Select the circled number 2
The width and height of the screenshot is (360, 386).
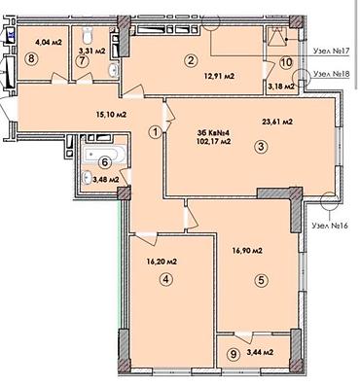coord(191,60)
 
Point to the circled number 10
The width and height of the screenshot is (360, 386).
coord(287,62)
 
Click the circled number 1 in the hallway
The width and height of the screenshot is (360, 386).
coord(156,131)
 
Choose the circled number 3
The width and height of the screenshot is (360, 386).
coord(262,147)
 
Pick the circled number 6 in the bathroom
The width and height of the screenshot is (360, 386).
coord(104,162)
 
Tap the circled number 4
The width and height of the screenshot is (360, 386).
coord(166,280)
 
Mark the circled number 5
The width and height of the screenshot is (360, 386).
coord(262,281)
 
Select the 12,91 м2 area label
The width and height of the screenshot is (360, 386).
coord(220,77)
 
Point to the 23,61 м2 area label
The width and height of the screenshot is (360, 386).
coord(277,122)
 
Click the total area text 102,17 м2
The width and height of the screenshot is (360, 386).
coord(214,142)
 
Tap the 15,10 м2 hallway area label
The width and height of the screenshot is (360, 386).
coord(111,114)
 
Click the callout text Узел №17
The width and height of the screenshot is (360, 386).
coord(331,51)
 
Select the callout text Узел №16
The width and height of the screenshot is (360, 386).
coord(329,226)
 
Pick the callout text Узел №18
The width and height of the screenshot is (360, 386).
coord(332,74)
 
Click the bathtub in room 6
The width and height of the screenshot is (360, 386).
coord(104,154)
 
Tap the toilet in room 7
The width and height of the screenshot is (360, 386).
coord(88,35)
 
